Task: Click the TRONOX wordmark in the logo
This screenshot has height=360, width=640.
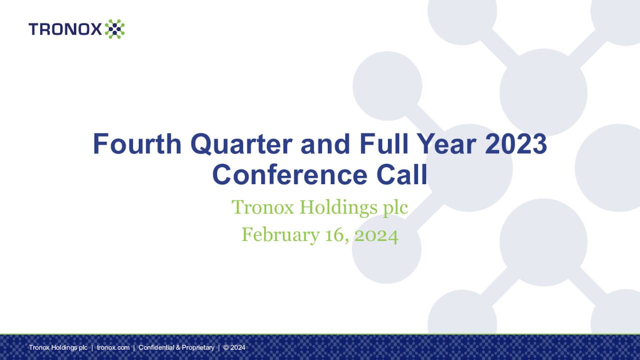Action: [65, 29]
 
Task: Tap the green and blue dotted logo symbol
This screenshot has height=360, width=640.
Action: [114, 29]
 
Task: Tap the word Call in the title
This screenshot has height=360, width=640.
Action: [402, 174]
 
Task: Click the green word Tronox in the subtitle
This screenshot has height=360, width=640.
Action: [262, 207]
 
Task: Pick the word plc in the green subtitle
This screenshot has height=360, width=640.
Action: [395, 207]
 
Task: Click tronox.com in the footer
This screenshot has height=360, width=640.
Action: [113, 347]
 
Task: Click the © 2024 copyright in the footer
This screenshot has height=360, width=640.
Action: [234, 347]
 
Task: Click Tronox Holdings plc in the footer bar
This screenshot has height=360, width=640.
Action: [58, 347]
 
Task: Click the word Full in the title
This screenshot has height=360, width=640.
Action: [380, 144]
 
